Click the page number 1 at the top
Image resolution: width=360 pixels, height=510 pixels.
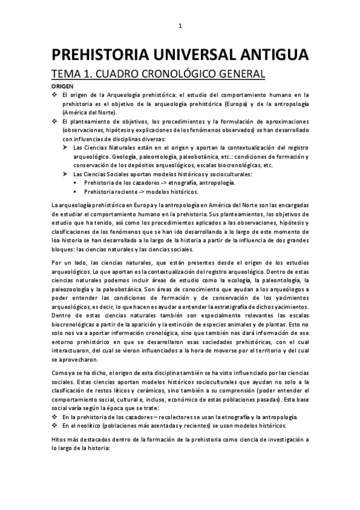click(180, 25)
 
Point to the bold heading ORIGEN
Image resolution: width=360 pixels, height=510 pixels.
click(63, 87)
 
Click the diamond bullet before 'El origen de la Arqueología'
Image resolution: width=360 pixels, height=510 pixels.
click(55, 95)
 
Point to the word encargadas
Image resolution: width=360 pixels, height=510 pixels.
click(288, 207)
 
